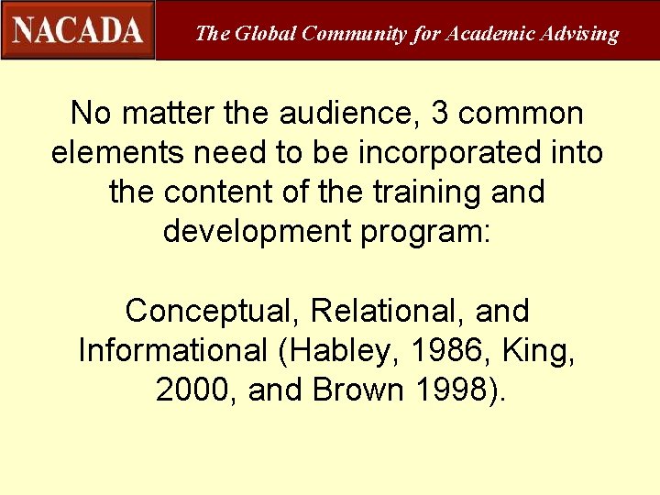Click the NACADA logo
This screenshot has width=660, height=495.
(78, 29)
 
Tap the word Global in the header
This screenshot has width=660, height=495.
(265, 34)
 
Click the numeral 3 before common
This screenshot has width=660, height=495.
(440, 114)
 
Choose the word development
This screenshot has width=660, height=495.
(255, 231)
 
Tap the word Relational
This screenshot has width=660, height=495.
(388, 311)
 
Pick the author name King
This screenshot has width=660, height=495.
(543, 352)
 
